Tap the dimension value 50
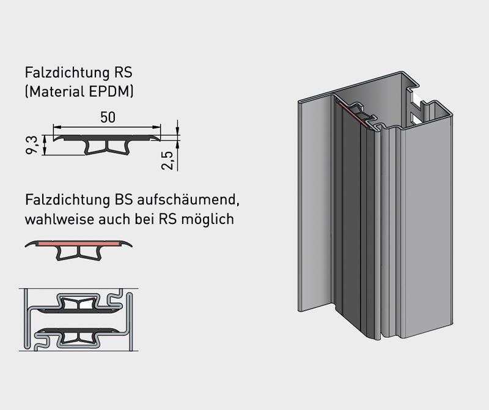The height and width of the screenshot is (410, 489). (x=108, y=117)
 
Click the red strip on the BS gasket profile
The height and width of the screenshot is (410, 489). (x=86, y=244)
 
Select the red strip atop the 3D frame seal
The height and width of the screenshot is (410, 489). (x=355, y=114)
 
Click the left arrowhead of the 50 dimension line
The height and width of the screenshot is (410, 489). (x=57, y=127)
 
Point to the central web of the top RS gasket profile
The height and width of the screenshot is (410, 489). (x=108, y=147)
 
